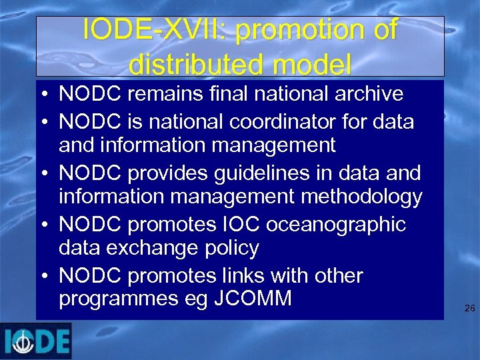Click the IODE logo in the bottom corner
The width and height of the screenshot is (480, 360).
[36, 341]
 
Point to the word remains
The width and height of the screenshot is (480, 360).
[149, 94]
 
